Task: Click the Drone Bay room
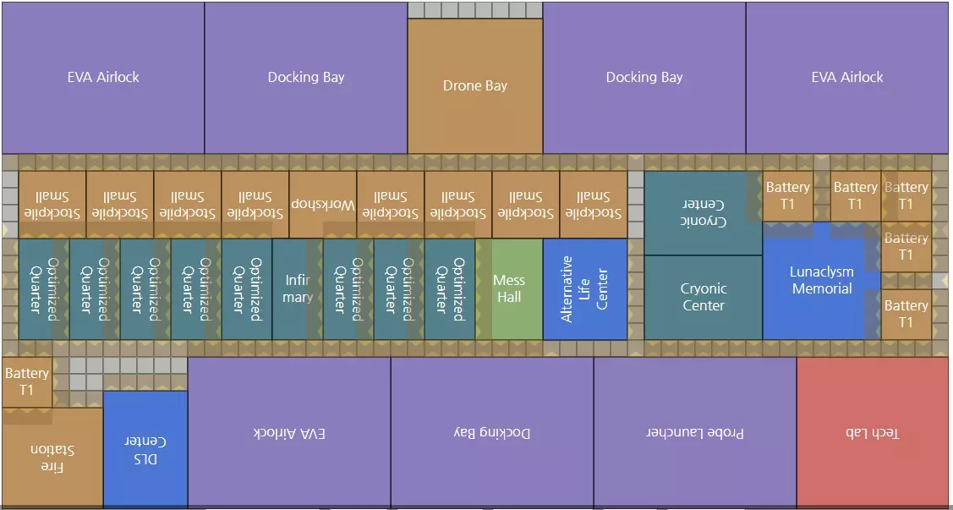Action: pyautogui.click(x=475, y=85)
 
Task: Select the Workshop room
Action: pyautogui.click(x=323, y=205)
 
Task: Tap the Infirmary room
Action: pyautogui.click(x=298, y=289)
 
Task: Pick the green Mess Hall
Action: pyautogui.click(x=509, y=289)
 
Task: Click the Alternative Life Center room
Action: pyautogui.click(x=585, y=289)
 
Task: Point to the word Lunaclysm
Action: pyautogui.click(x=821, y=272)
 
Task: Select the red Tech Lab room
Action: pyautogui.click(x=873, y=432)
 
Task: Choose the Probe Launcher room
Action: pyautogui.click(x=695, y=432)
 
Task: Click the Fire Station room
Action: pyautogui.click(x=52, y=458)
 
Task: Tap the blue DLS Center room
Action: pyautogui.click(x=145, y=449)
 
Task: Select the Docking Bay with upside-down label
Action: pyautogui.click(x=492, y=432)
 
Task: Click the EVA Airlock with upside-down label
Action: pyautogui.click(x=289, y=432)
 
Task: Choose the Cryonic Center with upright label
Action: pyautogui.click(x=704, y=298)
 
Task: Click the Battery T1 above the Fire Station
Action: pyautogui.click(x=27, y=381)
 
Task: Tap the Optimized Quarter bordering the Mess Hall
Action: pyautogui.click(x=450, y=289)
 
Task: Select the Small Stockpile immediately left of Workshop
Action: pyautogui.click(x=255, y=205)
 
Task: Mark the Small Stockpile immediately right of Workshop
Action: pyautogui.click(x=391, y=205)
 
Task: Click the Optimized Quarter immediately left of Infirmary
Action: pyautogui.click(x=247, y=289)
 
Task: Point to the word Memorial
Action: pyautogui.click(x=822, y=289)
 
